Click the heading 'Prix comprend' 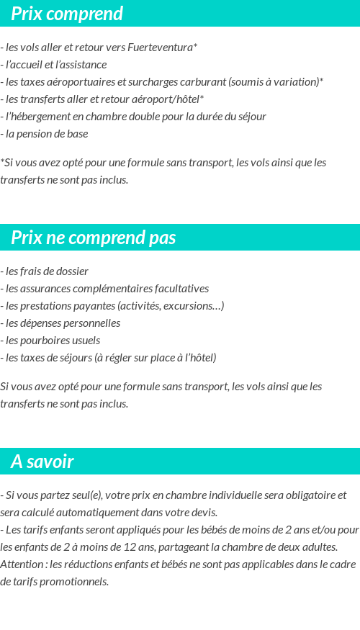67,14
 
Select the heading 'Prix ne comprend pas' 93,238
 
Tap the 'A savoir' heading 42,462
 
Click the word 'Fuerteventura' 160,48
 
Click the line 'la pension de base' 47,134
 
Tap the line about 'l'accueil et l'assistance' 54,65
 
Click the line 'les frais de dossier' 45,271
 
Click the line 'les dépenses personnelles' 60,323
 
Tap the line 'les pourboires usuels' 50,341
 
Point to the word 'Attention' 22,564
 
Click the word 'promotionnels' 75,582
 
